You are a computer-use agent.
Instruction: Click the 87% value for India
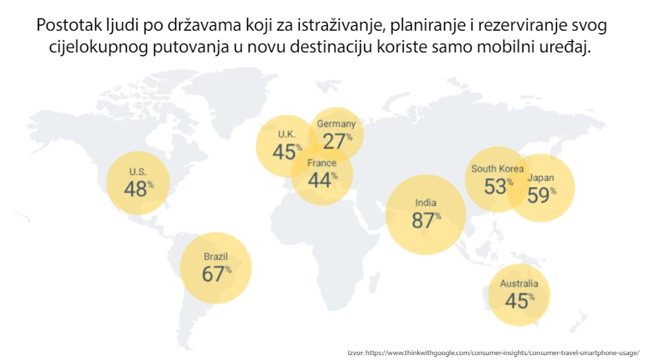pos(425,220)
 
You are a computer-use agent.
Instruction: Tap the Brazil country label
pos(216,257)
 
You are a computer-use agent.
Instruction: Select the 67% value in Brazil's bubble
pos(215,274)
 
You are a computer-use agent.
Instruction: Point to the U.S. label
pos(137,172)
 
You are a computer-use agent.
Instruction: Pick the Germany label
pos(336,124)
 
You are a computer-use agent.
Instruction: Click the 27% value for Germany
pos(337,140)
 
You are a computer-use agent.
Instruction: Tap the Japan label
pos(540,178)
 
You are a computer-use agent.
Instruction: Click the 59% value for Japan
pos(541,195)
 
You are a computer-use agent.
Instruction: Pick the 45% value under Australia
pos(519,301)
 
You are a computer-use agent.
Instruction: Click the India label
pos(425,203)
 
